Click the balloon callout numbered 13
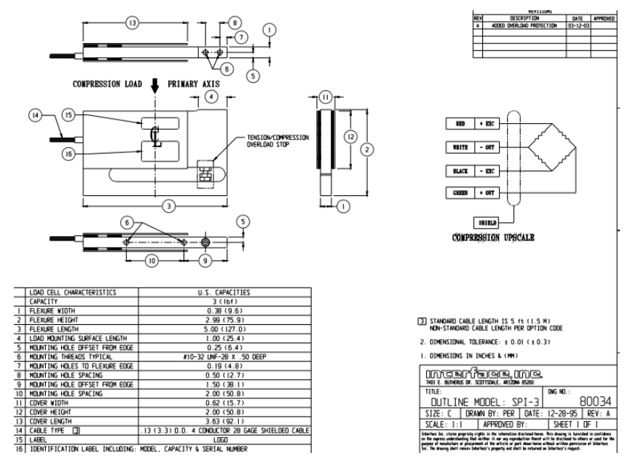[x=132, y=23]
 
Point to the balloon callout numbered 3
[x=169, y=207]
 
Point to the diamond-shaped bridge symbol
[x=551, y=147]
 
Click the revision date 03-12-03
[x=578, y=25]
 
